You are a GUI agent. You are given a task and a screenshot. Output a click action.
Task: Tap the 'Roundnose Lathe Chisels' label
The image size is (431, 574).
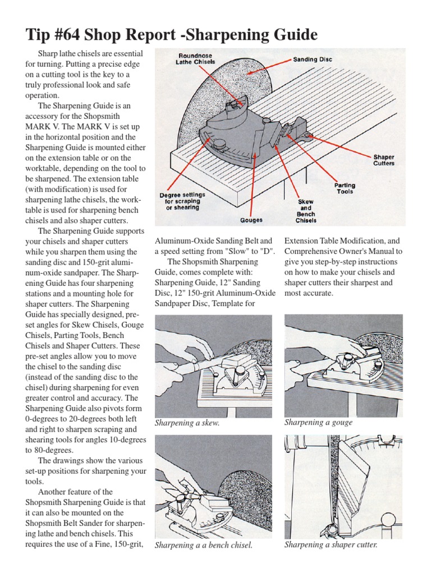[x=195, y=59]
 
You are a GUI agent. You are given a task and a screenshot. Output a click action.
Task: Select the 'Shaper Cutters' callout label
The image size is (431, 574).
[x=384, y=160]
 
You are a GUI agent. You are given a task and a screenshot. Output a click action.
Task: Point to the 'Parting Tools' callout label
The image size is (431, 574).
[x=345, y=189]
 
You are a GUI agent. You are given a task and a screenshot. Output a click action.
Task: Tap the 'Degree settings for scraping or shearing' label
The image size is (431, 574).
[x=182, y=201]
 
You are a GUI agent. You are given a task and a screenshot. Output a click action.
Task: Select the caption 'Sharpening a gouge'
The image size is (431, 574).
[x=318, y=422]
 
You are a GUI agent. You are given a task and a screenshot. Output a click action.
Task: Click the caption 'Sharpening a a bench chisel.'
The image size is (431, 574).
[x=203, y=545]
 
